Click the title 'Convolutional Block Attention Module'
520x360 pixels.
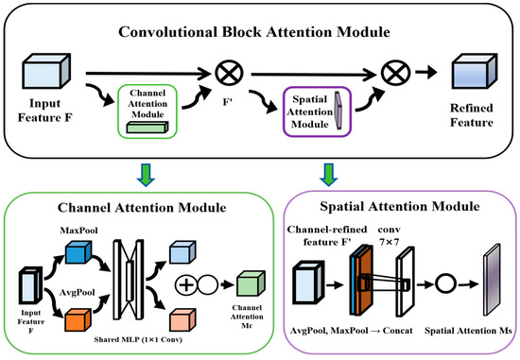coord(254,32)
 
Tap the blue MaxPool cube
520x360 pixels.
coord(78,252)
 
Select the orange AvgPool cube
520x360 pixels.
coord(78,320)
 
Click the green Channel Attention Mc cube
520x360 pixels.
coord(251,283)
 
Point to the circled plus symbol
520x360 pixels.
coord(186,285)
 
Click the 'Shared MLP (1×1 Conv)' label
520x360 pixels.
coord(138,340)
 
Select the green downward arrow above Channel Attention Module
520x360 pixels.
coord(146,175)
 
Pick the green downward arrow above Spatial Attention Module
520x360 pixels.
coord(329,175)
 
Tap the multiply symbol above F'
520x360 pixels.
coord(229,73)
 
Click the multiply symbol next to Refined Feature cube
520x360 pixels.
coord(395,73)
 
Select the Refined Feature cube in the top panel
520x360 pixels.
coord(475,71)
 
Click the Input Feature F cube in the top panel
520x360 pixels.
coord(46,71)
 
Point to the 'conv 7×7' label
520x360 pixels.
coord(389,235)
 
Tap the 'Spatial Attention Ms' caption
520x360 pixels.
coord(468,331)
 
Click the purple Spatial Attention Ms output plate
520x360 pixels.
coord(492,279)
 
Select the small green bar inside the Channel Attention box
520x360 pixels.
coord(147,128)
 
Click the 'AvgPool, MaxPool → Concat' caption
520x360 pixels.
coord(352,331)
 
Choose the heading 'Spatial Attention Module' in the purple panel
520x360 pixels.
coord(400,207)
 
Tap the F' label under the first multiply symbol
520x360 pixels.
coord(228,102)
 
